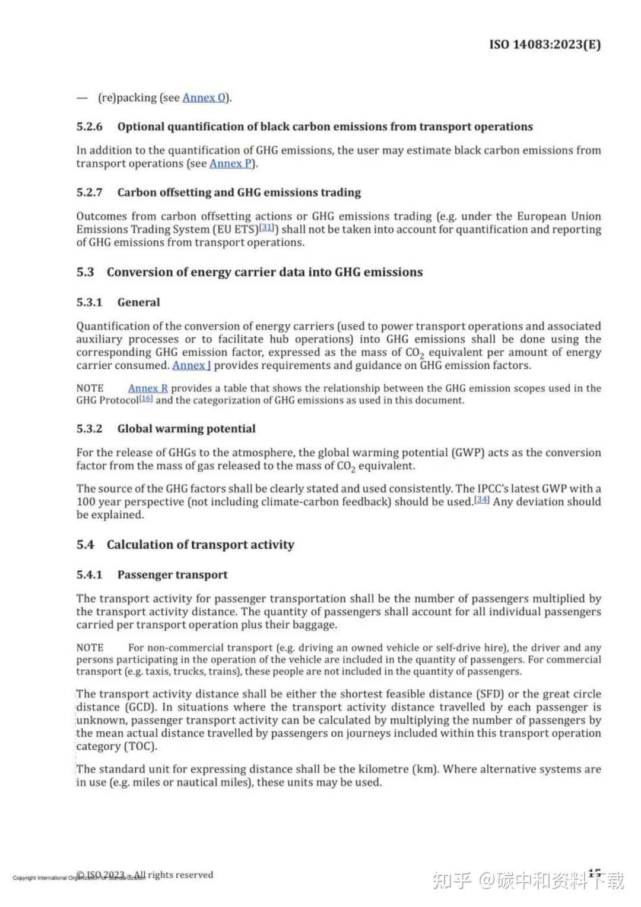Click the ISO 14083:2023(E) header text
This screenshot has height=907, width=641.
point(544,45)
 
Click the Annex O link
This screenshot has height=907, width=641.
point(204,98)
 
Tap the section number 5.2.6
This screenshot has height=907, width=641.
point(89,127)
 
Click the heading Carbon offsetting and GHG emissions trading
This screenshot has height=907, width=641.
point(239,192)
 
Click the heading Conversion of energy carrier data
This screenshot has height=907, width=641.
point(264,273)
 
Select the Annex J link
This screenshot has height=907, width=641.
point(191,366)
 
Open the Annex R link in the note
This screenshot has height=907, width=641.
point(148,388)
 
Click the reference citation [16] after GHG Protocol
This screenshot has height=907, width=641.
point(146,399)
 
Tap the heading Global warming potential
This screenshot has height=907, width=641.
point(186,429)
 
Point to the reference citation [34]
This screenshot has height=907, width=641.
point(481,500)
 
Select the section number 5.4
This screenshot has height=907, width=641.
point(85,545)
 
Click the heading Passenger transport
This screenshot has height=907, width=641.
point(172,575)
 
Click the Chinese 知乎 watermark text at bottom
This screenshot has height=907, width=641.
point(452,880)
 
